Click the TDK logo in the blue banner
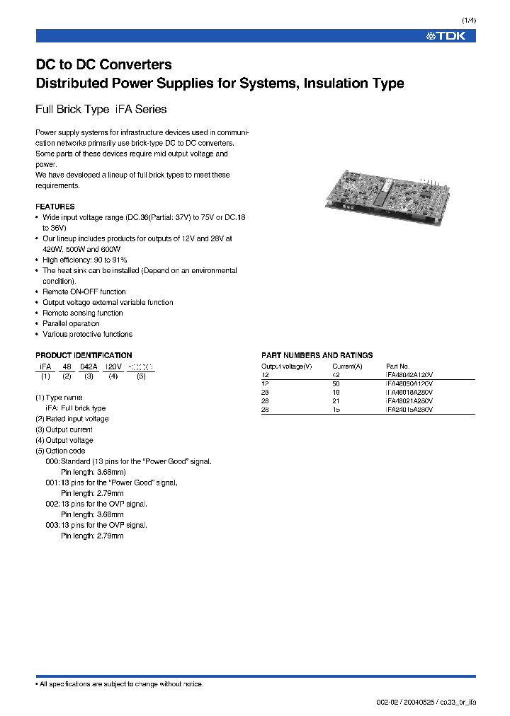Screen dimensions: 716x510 (x=446, y=36)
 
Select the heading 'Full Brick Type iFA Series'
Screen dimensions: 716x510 (x=101, y=110)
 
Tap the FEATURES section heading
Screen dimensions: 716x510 (x=55, y=207)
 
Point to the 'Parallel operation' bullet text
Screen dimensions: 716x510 (x=71, y=323)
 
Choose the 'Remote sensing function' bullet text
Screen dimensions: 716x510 (x=82, y=313)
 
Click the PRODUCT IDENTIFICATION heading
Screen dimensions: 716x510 (x=84, y=355)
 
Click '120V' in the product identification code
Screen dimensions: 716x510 (x=113, y=367)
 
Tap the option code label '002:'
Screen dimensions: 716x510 (x=52, y=504)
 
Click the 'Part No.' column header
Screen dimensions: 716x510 (x=397, y=366)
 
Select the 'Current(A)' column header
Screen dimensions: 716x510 (x=347, y=366)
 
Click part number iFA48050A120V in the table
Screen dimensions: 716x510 (x=409, y=383)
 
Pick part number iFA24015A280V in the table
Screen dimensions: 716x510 (x=409, y=410)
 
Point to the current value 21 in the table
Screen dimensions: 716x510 (x=336, y=400)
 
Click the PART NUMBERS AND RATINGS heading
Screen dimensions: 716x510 (x=317, y=355)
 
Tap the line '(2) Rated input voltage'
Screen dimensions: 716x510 (x=72, y=419)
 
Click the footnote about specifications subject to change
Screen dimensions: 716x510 (x=120, y=683)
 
